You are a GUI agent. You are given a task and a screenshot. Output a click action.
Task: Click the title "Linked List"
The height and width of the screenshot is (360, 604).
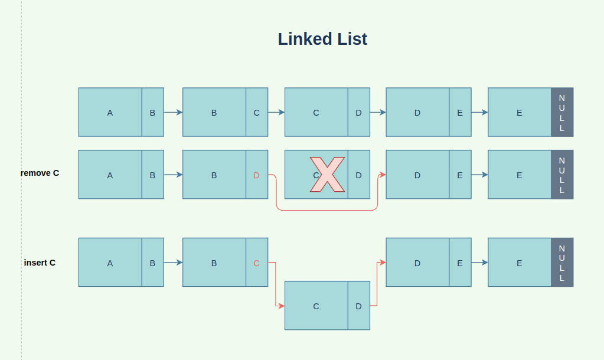click(x=322, y=39)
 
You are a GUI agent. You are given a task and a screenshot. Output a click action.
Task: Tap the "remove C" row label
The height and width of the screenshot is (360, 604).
click(x=40, y=173)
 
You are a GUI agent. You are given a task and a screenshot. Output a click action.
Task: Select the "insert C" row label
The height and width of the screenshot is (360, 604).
click(x=40, y=262)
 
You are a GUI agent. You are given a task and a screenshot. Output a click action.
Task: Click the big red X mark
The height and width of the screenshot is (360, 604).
click(x=327, y=175)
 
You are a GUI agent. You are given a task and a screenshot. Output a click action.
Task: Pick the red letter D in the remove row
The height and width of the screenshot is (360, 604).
click(x=256, y=175)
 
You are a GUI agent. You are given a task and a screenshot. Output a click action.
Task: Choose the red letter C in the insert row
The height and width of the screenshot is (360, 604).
click(x=256, y=263)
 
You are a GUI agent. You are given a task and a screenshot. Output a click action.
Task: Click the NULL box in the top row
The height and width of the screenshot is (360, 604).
click(x=561, y=112)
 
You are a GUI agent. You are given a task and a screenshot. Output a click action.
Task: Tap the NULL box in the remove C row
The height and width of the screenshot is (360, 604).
click(x=561, y=175)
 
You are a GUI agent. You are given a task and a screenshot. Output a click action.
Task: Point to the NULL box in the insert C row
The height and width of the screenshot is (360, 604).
click(x=561, y=262)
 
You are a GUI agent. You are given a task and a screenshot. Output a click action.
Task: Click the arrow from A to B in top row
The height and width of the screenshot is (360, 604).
click(x=173, y=112)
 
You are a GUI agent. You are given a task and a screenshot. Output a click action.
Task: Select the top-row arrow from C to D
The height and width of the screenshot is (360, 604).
click(x=378, y=112)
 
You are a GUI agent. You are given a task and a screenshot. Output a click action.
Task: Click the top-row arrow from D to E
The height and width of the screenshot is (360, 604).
click(x=479, y=112)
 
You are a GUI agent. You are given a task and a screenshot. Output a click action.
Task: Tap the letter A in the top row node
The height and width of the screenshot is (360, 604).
click(x=110, y=113)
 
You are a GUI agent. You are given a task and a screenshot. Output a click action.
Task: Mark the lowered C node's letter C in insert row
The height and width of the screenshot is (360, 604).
click(x=316, y=306)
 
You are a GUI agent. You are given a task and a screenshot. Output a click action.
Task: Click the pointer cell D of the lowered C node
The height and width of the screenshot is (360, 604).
click(x=358, y=306)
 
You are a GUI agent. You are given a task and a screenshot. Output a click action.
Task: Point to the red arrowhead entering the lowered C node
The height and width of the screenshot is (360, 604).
click(x=282, y=306)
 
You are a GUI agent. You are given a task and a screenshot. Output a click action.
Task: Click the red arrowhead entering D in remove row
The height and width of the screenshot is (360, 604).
click(x=383, y=175)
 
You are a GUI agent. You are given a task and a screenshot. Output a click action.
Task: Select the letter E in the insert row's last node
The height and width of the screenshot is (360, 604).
click(x=519, y=263)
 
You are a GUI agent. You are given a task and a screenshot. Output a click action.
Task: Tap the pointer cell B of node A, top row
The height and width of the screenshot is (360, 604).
click(x=152, y=113)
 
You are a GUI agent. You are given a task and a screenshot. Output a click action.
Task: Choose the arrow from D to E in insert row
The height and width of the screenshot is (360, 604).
click(x=479, y=263)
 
